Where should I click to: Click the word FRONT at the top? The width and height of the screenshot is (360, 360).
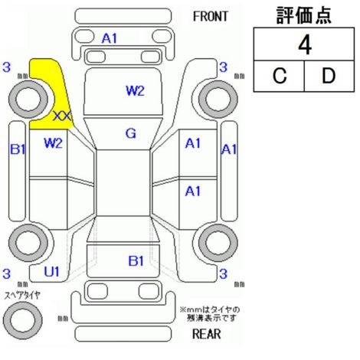(x=211, y=17)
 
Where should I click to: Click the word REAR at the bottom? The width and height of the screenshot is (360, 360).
(x=206, y=334)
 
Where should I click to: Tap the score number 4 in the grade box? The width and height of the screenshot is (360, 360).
(x=305, y=45)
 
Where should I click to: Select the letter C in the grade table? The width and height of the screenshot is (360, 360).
(x=280, y=76)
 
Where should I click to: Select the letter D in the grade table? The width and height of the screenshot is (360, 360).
(x=329, y=76)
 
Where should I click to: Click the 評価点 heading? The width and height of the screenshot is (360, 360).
(x=304, y=15)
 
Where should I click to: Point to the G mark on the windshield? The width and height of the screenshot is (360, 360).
(x=131, y=133)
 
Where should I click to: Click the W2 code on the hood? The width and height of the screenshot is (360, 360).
(x=136, y=90)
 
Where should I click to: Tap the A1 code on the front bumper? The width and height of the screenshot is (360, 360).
(x=110, y=38)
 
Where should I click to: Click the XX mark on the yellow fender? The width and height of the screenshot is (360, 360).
(x=63, y=116)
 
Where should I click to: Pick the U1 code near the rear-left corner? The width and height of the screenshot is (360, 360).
(x=52, y=272)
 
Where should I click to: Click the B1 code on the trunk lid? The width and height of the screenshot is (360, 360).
(x=136, y=261)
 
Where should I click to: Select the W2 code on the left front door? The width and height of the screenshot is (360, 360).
(x=53, y=143)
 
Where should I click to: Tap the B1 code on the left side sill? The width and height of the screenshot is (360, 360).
(x=18, y=149)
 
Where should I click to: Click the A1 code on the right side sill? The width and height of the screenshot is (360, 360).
(x=229, y=149)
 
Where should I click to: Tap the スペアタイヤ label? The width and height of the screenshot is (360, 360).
(x=22, y=295)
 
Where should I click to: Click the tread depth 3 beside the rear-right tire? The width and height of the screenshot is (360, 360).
(x=223, y=273)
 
